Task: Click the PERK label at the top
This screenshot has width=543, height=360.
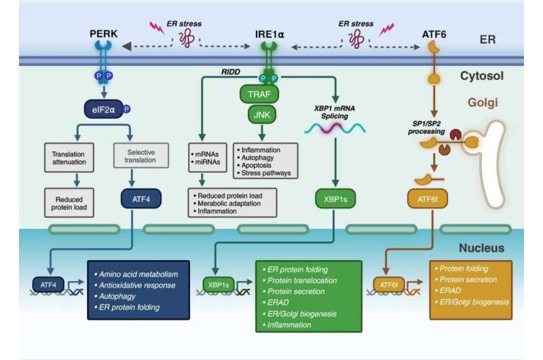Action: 104,33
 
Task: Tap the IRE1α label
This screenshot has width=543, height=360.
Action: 269,35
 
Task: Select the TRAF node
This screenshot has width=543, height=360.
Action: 259,94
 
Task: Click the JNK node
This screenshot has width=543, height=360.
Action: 262,115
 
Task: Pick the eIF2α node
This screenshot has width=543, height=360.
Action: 104,109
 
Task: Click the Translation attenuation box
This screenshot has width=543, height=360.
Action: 69,158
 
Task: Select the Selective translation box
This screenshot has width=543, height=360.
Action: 141,156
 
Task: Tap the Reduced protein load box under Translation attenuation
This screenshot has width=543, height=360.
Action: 69,203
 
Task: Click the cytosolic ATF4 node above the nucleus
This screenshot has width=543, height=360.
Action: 141,199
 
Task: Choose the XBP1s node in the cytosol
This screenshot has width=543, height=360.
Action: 335,199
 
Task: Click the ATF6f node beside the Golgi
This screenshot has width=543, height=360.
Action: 428,199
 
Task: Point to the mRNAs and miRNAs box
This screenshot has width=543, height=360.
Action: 208,158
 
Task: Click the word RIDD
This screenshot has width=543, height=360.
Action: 231,72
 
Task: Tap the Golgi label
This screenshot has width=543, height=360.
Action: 483,102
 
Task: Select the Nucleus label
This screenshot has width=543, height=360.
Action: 481,248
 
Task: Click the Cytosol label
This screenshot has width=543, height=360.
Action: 482,75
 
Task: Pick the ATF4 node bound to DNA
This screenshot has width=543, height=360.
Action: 48,285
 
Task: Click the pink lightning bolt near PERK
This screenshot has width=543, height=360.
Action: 157,28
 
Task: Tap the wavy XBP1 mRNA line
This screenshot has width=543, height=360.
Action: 335,129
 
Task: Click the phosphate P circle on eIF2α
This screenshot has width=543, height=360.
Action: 127,109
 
